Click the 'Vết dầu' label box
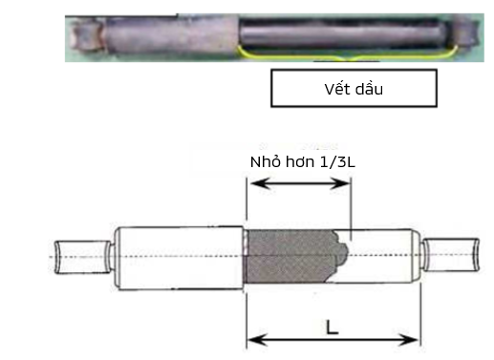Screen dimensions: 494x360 point(354,88)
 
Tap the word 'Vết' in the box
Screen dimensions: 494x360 point(336,89)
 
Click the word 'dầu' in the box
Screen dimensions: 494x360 point(369,89)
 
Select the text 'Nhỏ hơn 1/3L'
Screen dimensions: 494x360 point(303,162)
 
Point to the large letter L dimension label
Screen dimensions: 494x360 point(333,328)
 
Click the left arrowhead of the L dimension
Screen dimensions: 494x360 point(257,340)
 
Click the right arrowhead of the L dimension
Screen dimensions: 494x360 point(409,340)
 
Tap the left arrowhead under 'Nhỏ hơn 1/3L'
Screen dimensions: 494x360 point(261,183)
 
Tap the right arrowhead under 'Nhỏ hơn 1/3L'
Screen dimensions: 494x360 point(340,183)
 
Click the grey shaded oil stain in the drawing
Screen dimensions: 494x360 point(294,256)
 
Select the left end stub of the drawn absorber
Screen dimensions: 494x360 point(83,257)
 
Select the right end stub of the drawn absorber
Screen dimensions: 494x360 point(451,255)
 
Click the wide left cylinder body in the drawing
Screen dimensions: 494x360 point(179,258)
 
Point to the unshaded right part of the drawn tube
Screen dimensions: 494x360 point(382,256)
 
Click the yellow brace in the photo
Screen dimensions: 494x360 point(348,56)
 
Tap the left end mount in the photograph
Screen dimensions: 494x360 point(87,34)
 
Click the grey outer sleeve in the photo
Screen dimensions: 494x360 point(172,37)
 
